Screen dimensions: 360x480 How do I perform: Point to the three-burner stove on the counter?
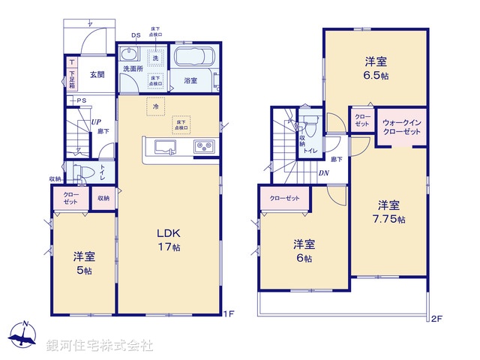tap(204, 146)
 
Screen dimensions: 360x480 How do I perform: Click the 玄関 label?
tap(98, 74)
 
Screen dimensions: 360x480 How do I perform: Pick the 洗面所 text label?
tap(133, 69)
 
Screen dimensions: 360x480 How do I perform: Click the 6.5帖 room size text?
tap(376, 76)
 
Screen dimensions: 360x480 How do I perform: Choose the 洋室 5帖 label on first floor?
tap(84, 263)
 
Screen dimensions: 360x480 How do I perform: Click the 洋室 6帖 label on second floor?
tap(303, 251)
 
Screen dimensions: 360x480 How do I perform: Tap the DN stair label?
tap(324, 174)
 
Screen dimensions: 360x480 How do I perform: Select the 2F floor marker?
tap(437, 318)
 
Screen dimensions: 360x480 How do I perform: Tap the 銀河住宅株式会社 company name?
tap(99, 346)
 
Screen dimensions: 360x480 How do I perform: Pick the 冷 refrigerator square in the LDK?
tap(156, 106)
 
